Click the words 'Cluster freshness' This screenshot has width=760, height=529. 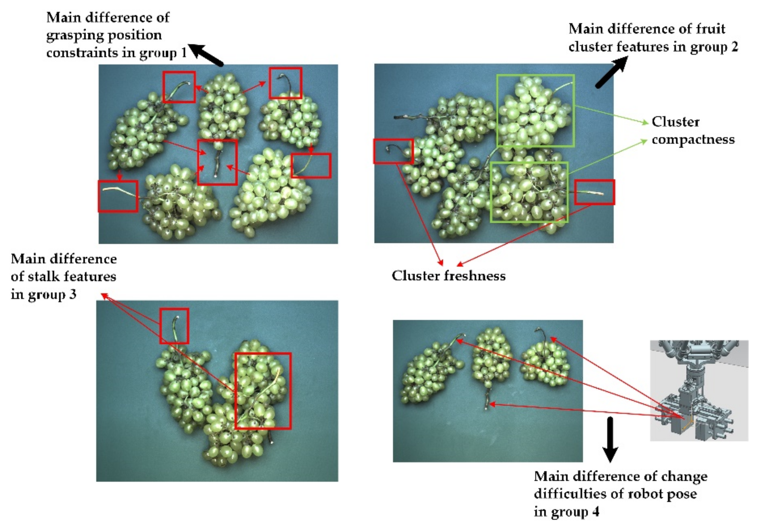(448, 276)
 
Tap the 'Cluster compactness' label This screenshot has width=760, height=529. (693, 130)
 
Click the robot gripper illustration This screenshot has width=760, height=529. (699, 391)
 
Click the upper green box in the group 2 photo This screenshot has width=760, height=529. (535, 110)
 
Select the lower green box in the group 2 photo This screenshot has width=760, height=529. (529, 192)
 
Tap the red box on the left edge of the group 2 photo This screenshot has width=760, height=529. (393, 151)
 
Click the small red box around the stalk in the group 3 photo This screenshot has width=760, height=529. (174, 326)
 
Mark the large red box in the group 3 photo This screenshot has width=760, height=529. (263, 391)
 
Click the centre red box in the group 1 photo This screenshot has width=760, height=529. (217, 162)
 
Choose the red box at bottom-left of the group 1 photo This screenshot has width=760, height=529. (118, 196)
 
